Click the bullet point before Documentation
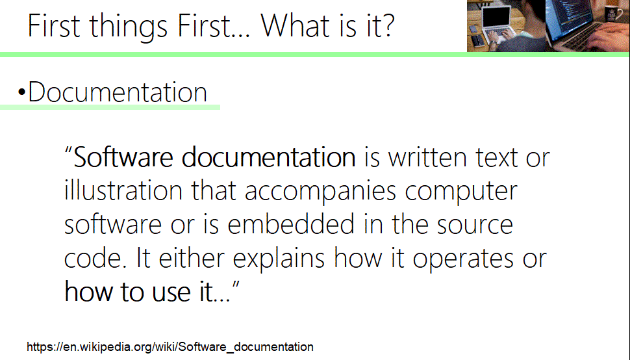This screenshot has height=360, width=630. [21, 94]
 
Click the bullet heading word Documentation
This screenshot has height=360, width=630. [118, 92]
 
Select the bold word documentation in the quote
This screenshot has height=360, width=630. [268, 158]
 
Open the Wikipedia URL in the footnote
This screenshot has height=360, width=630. [170, 346]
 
